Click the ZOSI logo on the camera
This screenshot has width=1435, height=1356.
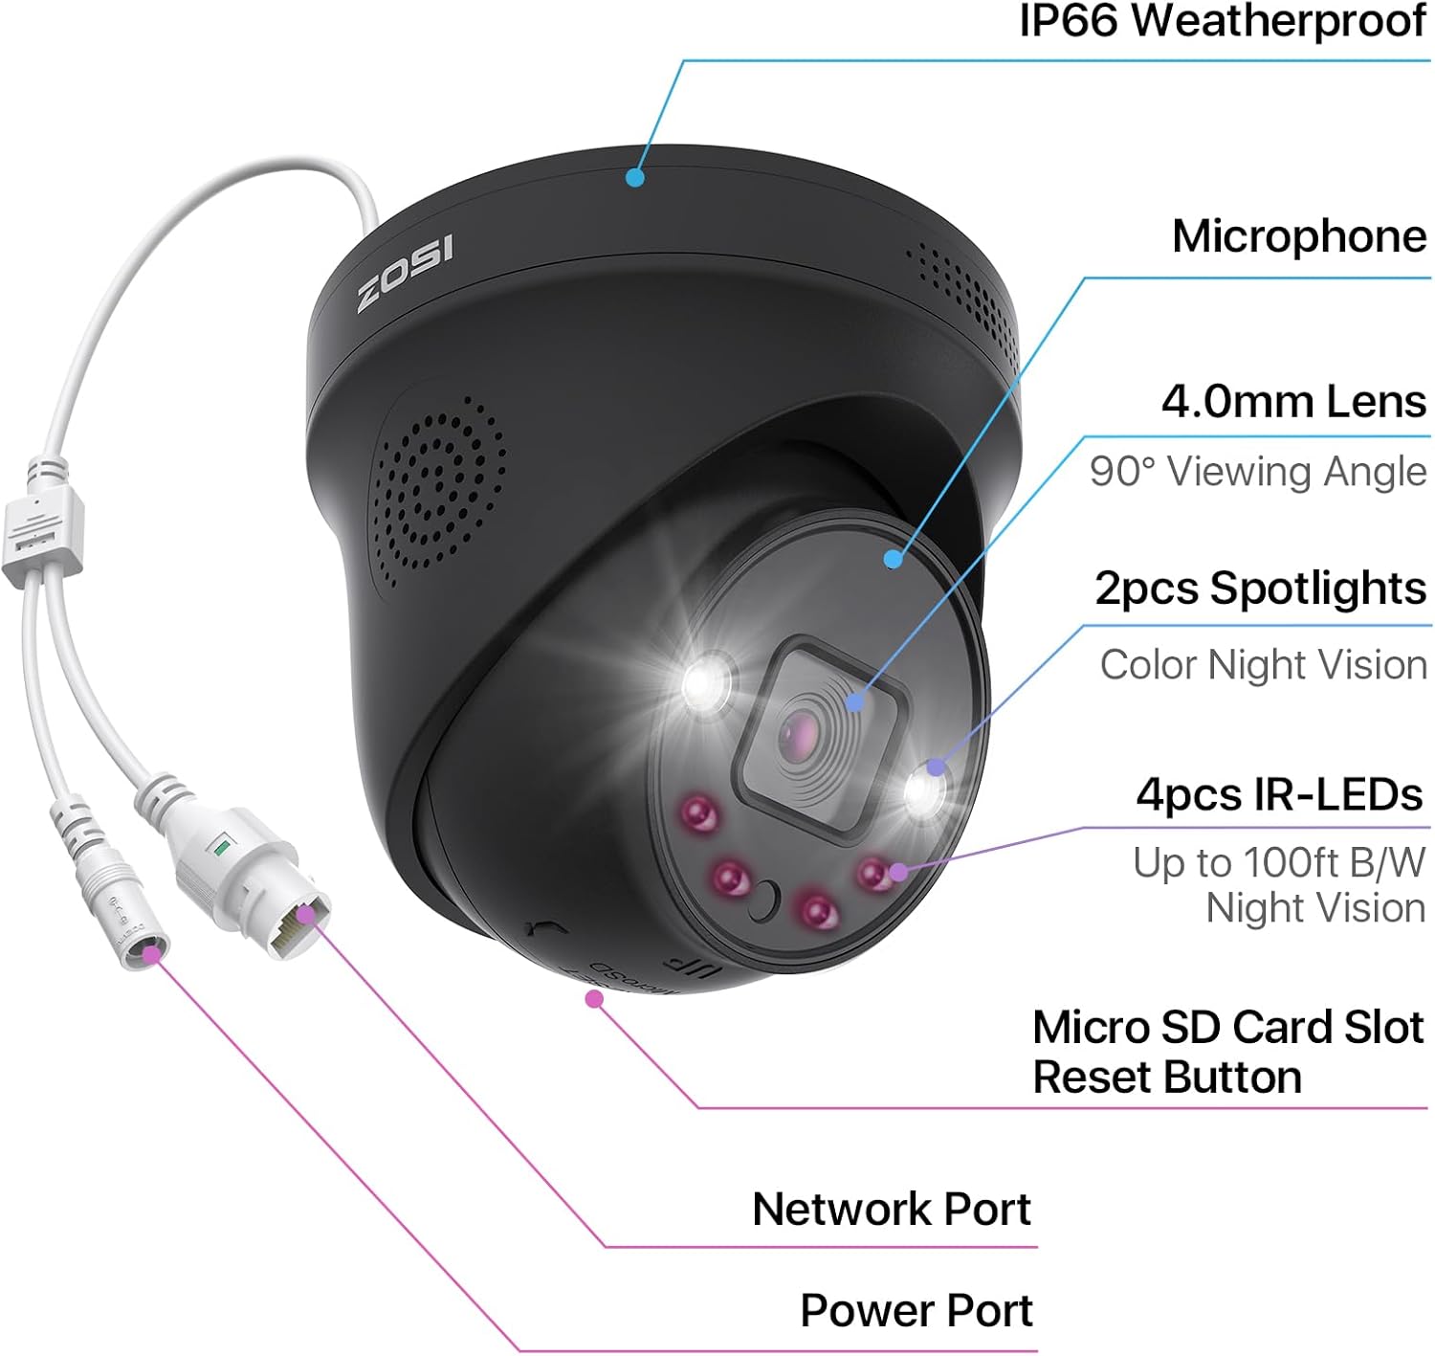[x=406, y=274]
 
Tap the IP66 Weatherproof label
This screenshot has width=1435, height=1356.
[x=1222, y=21]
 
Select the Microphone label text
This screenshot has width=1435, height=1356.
[x=1298, y=236]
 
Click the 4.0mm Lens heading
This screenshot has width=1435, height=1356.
[x=1293, y=402]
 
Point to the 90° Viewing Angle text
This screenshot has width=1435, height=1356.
[x=1257, y=472]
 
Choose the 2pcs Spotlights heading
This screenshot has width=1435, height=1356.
[x=1260, y=589]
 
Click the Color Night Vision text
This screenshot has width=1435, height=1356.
[x=1263, y=665]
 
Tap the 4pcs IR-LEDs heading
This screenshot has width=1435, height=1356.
[x=1279, y=794]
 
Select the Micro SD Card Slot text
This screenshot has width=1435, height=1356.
[x=1228, y=1028]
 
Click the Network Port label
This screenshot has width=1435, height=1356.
[x=891, y=1210]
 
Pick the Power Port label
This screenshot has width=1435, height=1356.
[x=916, y=1311]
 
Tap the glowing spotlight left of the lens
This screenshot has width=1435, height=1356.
[x=705, y=683]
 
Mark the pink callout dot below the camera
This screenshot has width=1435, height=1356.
[x=594, y=999]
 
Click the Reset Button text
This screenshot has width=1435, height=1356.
[x=1167, y=1078]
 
